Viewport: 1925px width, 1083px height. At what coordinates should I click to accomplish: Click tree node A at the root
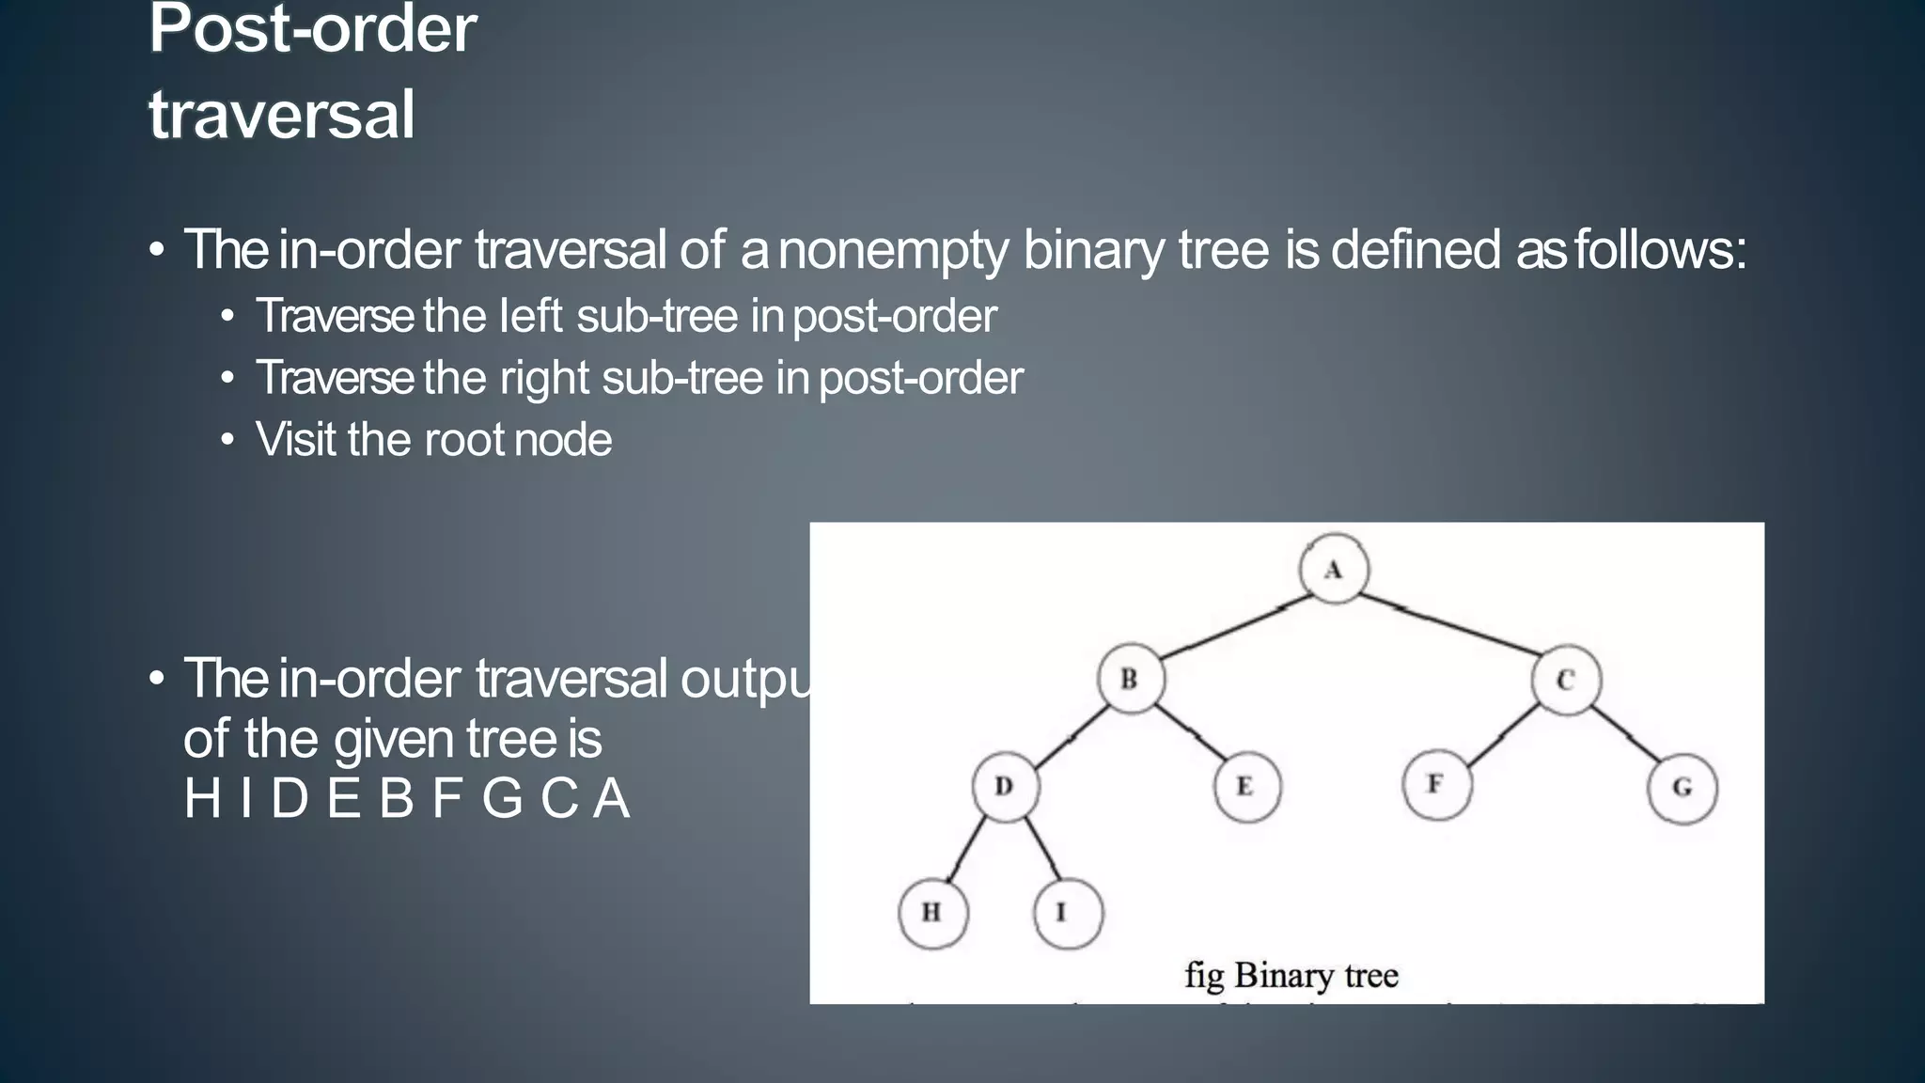coord(1334,569)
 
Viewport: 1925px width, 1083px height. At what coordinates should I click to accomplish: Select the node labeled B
coord(1131,679)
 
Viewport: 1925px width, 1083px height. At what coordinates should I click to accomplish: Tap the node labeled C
coord(1565,680)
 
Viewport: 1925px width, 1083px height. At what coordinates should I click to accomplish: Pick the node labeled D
coord(1005,787)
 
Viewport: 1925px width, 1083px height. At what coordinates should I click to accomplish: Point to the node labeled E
coord(1246,787)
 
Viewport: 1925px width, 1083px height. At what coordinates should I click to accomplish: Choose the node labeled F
coord(1436,784)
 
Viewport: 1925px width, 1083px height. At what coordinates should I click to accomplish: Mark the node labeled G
coord(1682,788)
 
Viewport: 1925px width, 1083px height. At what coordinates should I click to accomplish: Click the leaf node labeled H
coord(932,912)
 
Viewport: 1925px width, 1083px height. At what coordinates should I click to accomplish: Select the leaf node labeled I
coord(1067,913)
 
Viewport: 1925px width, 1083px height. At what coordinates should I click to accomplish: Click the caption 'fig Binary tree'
coord(1291,975)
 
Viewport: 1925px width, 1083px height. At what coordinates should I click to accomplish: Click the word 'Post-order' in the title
coord(313,30)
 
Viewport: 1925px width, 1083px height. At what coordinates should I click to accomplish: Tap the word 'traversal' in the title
coord(282,115)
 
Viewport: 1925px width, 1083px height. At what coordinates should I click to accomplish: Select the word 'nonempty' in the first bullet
coord(893,250)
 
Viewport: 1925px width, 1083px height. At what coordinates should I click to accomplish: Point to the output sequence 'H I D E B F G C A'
coord(406,799)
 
